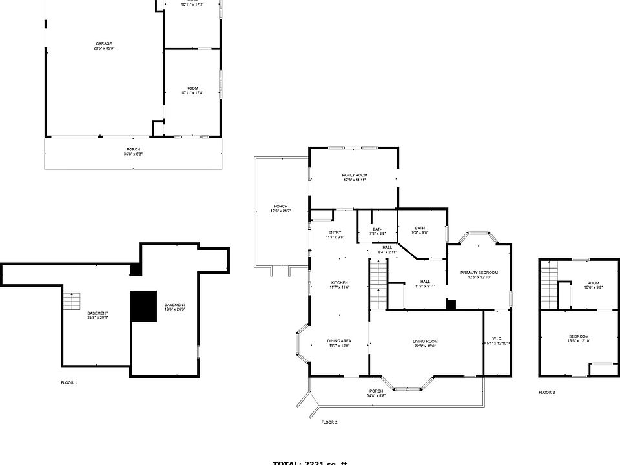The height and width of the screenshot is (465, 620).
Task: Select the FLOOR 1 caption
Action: (x=69, y=383)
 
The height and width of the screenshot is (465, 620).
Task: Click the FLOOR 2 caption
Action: (x=329, y=422)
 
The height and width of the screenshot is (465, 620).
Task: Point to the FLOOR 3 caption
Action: (x=547, y=393)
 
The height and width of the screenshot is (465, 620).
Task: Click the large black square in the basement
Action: (x=143, y=305)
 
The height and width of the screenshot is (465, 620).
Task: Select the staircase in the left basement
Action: (x=71, y=301)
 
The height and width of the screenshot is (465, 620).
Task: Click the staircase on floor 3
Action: (x=548, y=284)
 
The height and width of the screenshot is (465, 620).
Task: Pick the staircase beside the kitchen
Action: (x=378, y=284)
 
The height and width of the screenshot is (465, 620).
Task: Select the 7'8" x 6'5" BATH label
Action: (x=377, y=231)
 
